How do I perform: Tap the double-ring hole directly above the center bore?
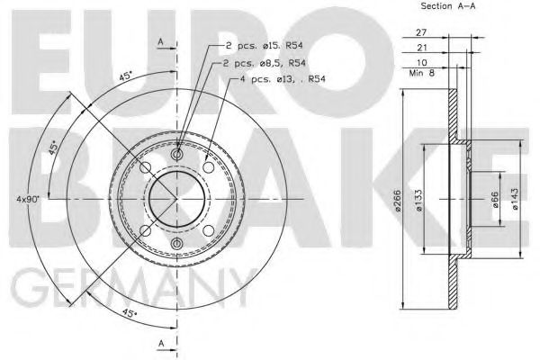[176, 156]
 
